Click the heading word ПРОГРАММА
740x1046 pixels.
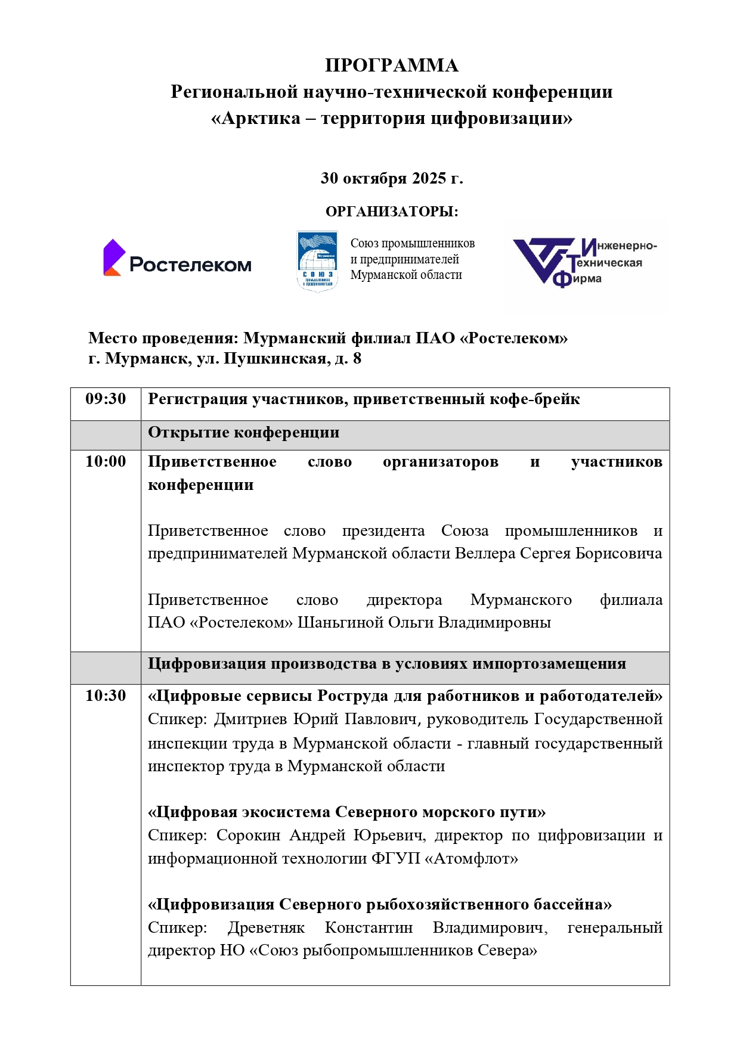point(391,65)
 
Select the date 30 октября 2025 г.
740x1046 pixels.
point(391,178)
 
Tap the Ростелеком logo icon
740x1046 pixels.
point(114,257)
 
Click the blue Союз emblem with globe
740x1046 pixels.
point(317,261)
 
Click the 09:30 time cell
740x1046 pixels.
point(106,399)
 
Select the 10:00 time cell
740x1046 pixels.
point(106,461)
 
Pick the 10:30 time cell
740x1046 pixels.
point(106,696)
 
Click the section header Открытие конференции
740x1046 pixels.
point(243,432)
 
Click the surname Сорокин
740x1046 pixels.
point(248,835)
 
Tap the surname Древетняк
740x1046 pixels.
point(266,927)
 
